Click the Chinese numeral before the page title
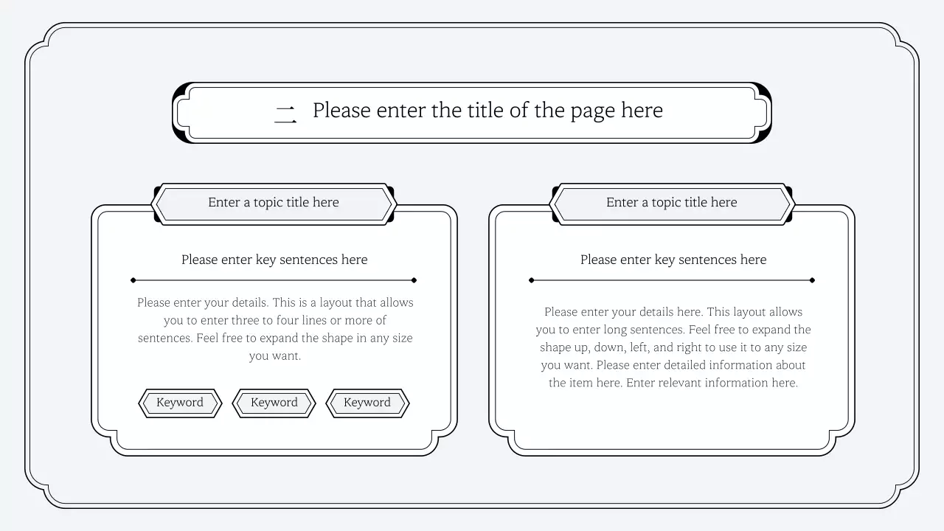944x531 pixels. coord(285,113)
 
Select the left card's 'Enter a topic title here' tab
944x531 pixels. coord(274,203)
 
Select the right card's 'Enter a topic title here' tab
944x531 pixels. coord(672,203)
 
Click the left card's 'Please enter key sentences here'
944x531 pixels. coord(274,260)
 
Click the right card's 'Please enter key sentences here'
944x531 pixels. coord(673,260)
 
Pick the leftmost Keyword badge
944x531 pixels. coord(180,403)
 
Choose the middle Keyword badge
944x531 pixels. coord(274,403)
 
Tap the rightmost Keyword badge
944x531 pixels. coord(367,403)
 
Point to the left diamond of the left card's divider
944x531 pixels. coord(133,280)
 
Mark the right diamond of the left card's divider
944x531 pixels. coord(414,280)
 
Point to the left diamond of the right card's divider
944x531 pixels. coord(532,280)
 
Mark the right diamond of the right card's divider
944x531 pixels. coord(812,280)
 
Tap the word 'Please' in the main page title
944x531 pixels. coord(341,111)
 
